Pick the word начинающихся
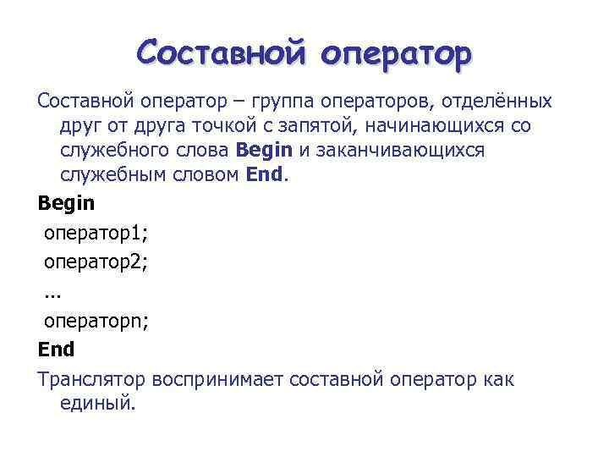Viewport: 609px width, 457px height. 446,128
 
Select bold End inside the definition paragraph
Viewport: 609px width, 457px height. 266,177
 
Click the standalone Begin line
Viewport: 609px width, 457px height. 67,204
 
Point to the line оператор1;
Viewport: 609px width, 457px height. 96,233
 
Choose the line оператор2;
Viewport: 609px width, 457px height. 96,262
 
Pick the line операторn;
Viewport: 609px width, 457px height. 96,321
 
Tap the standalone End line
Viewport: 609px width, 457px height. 56,350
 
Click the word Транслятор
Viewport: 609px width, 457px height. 92,379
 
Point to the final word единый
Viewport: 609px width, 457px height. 97,404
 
